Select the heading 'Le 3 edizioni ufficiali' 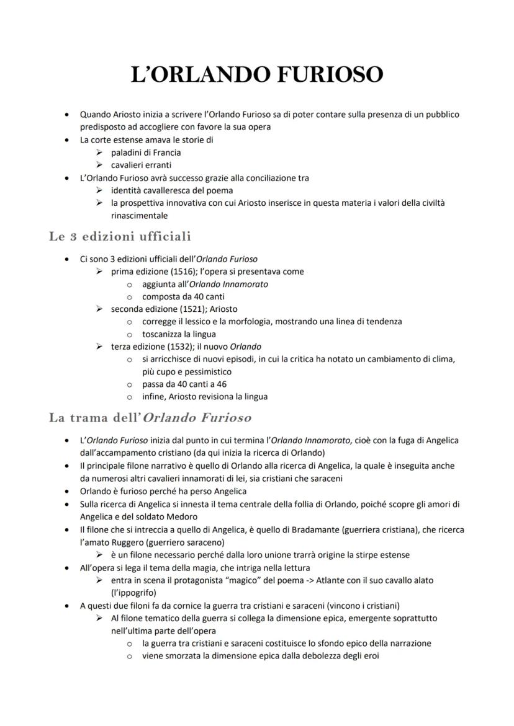pyautogui.click(x=120, y=236)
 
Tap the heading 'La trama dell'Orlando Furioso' pyautogui.click(x=150, y=417)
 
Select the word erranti pyautogui.click(x=158, y=165)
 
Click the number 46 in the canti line pyautogui.click(x=220, y=384)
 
